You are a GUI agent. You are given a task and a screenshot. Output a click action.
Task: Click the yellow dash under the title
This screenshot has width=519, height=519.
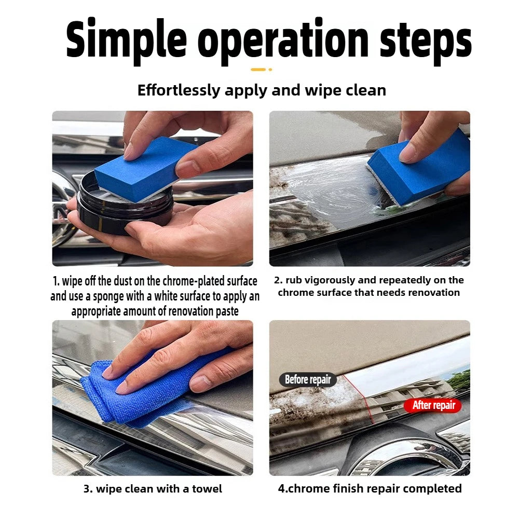(258, 70)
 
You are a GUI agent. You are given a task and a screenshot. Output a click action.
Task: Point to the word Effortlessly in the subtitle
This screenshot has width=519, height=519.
(179, 90)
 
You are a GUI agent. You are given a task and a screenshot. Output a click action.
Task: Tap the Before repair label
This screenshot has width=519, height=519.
(308, 380)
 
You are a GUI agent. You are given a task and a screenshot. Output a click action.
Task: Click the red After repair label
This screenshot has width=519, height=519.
(433, 405)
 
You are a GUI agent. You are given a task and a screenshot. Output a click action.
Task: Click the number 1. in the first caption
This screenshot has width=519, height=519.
(56, 281)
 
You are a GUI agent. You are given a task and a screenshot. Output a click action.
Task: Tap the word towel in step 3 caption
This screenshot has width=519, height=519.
(207, 489)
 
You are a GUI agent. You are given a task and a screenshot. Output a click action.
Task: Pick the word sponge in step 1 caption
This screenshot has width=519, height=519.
(107, 297)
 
